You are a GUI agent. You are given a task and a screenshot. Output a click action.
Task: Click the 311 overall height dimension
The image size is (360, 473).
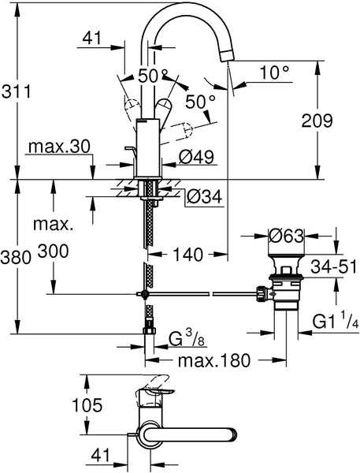click(16, 91)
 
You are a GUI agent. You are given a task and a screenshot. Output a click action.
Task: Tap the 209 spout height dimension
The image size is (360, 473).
click(317, 121)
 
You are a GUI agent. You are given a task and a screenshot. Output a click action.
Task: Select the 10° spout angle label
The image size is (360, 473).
click(274, 73)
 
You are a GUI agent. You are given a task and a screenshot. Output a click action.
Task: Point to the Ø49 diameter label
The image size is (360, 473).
click(196, 157)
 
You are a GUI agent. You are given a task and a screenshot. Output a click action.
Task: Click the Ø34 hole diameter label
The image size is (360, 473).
click(204, 196)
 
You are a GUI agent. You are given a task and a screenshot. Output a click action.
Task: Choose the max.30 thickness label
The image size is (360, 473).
click(59, 147)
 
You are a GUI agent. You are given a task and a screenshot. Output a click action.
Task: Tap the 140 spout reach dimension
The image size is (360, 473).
click(188, 255)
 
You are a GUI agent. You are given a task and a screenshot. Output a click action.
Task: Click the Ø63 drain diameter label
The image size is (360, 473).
click(286, 236)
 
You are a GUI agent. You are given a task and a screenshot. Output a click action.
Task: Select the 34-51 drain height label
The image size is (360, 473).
click(334, 266)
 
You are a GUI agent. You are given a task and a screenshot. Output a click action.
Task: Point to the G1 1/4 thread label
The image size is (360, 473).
click(335, 322)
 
